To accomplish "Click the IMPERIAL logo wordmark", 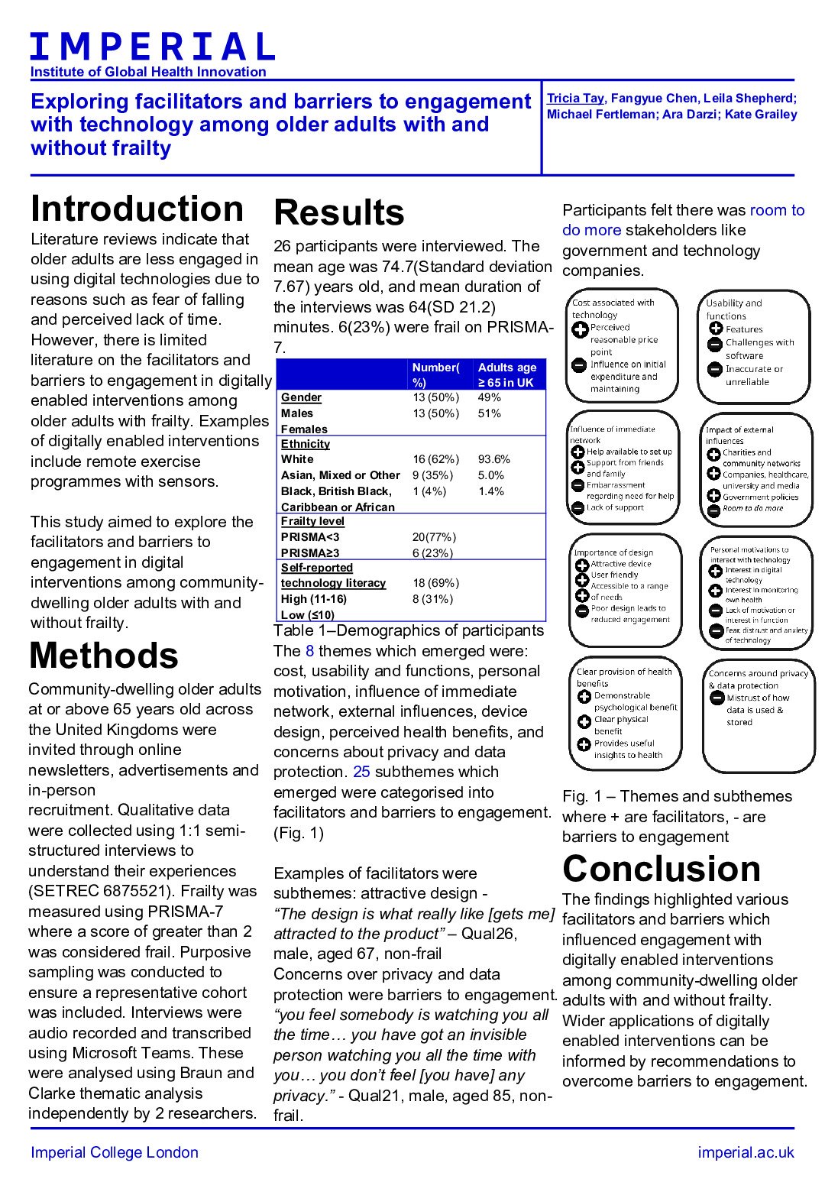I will click(x=152, y=47).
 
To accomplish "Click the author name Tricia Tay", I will click(x=575, y=98).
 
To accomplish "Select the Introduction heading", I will click(x=137, y=209).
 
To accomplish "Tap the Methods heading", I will click(x=104, y=656).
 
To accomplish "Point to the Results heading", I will click(x=338, y=212).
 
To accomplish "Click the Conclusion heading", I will click(x=662, y=869).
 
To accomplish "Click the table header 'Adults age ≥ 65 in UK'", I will click(x=507, y=374).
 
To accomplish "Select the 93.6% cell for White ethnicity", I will click(x=493, y=459).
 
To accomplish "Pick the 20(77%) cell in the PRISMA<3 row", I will click(x=434, y=537).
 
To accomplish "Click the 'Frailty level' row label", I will click(x=312, y=521).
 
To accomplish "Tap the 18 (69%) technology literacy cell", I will click(x=435, y=583).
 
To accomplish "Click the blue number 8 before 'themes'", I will click(x=309, y=651).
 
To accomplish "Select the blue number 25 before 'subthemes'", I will click(x=361, y=772).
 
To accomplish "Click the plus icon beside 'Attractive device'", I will click(x=581, y=565).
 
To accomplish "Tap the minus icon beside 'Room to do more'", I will click(x=713, y=510).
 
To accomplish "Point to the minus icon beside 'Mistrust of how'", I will click(x=717, y=698).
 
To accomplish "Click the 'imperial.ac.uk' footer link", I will click(x=746, y=1152).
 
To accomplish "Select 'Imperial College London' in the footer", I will click(x=115, y=1152).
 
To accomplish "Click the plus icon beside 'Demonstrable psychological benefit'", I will click(x=584, y=696).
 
